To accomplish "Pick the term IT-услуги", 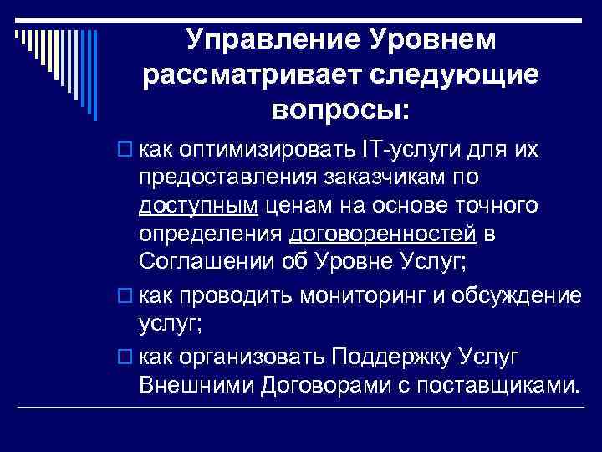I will (402, 152).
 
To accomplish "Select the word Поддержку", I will (393, 359).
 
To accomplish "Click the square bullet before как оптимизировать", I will (125, 152).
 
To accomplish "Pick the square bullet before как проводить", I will (125, 297).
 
